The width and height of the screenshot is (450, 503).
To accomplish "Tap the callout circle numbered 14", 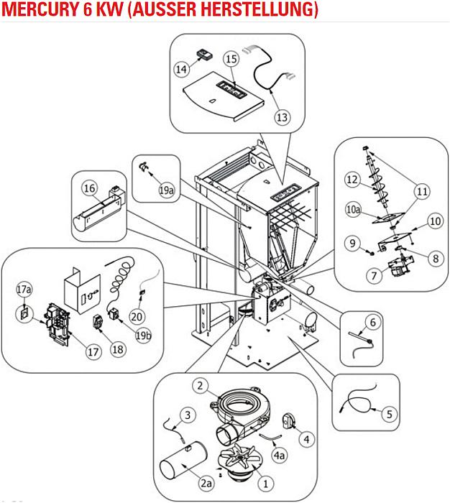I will (182, 70).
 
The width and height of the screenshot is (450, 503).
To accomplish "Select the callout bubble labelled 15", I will (230, 58).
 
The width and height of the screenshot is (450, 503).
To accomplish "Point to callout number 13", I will (281, 116).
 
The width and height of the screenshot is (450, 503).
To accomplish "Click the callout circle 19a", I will (167, 190).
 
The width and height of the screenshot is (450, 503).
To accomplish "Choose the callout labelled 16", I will (89, 188).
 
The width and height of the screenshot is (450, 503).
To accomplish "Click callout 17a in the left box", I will (24, 289).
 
